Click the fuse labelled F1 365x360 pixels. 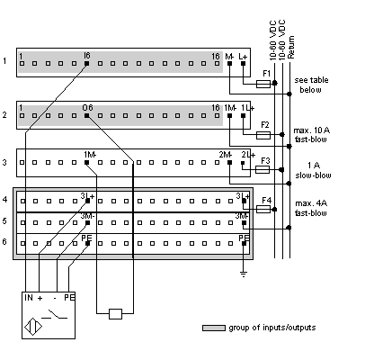[263, 84]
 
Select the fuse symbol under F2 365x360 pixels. [263, 135]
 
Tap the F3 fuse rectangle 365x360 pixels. [263, 170]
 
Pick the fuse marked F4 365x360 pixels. [263, 210]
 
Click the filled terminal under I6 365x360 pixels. [87, 64]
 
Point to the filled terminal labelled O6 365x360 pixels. [87, 116]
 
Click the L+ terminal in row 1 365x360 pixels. [243, 64]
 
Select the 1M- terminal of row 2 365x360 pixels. [229, 116]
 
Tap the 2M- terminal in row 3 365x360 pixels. [229, 163]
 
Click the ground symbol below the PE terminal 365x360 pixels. [244, 274]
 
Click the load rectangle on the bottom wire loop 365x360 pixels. [115, 314]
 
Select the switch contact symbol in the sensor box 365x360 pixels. [54, 314]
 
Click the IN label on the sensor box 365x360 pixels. [29, 298]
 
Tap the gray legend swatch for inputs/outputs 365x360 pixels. [214, 328]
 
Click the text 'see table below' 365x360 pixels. [311, 85]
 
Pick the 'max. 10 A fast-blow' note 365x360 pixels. [311, 135]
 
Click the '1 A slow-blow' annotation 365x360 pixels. [313, 170]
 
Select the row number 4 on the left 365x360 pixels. [4, 199]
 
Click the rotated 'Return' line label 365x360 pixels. [291, 47]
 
